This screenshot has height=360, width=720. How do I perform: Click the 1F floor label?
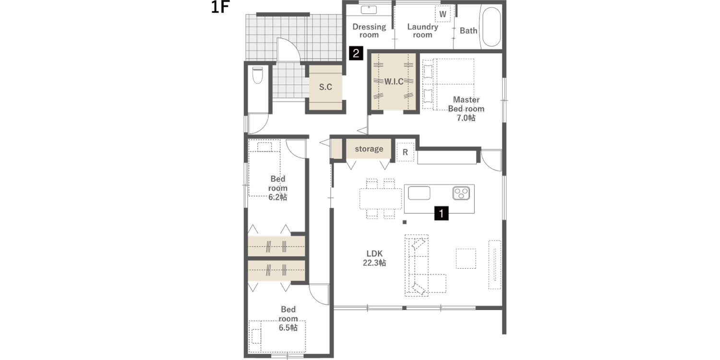tap(220, 7)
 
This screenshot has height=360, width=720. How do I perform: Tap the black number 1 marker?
tap(441, 213)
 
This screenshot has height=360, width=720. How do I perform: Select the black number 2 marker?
tap(356, 53)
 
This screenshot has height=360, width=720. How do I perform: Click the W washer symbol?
tap(443, 14)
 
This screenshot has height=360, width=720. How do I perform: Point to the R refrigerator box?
tap(405, 152)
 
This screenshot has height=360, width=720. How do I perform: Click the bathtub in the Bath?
tap(490, 27)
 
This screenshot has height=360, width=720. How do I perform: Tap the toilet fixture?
tap(257, 75)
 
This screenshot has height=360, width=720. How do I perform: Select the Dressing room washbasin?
tap(369, 10)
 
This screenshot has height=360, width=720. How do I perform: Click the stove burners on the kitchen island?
tap(461, 193)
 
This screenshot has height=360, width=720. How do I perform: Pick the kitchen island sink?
tap(419, 193)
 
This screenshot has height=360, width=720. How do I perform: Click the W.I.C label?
tap(394, 82)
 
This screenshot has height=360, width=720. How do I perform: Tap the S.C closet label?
tap(325, 87)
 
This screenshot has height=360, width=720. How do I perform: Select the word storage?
tap(369, 149)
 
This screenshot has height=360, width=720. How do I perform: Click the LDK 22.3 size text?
tap(375, 263)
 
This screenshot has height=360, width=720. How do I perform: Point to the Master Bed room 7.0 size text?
tap(466, 118)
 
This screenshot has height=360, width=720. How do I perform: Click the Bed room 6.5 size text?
tap(288, 327)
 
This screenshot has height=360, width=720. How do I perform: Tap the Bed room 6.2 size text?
tap(278, 197)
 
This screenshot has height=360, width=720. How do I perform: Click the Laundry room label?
tap(423, 31)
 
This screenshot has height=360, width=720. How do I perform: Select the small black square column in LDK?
tap(404, 222)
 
